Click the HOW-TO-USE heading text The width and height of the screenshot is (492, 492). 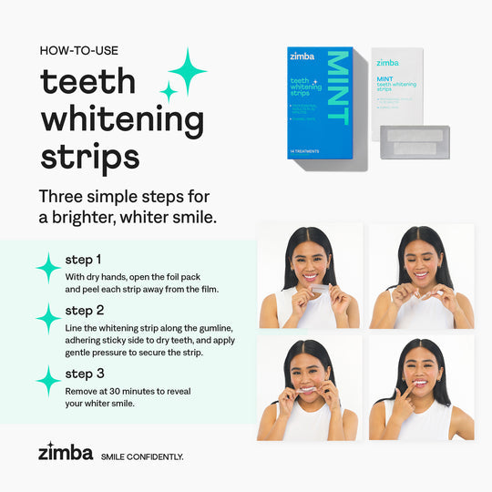[x=79, y=50]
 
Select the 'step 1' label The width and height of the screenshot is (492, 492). [x=83, y=259]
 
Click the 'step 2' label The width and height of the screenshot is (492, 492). [x=84, y=310]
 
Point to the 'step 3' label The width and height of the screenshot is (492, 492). [x=84, y=373]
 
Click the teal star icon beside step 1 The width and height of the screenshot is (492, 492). [x=48, y=268]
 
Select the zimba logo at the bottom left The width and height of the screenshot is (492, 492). [x=65, y=451]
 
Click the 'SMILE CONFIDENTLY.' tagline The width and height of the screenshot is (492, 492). [x=141, y=456]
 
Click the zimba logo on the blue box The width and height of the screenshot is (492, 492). [x=303, y=57]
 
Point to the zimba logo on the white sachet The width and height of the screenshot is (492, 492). [x=387, y=62]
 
